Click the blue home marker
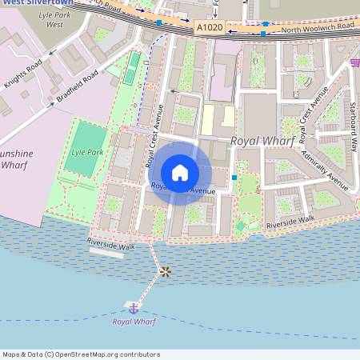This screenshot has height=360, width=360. pos(180,173)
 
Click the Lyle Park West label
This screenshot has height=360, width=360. pos(54,19)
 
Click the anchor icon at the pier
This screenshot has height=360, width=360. pos(133,308)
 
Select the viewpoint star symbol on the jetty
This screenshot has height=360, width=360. pos(165,272)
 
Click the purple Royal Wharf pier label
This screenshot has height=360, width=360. pos(134,322)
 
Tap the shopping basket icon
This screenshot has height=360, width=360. pos(354,62)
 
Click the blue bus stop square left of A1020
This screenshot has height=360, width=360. pos(159,23)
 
